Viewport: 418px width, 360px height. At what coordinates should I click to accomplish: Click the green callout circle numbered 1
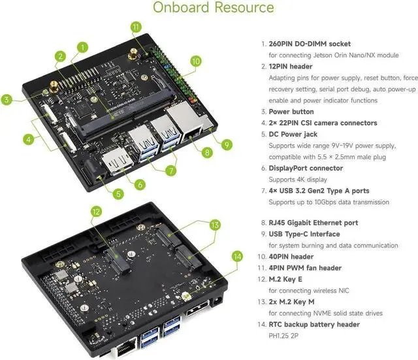click(x=83, y=47)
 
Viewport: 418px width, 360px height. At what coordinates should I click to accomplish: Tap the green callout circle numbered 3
click(x=7, y=100)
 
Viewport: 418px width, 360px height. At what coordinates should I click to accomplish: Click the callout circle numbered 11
click(x=136, y=27)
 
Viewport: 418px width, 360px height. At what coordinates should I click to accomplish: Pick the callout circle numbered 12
click(x=95, y=211)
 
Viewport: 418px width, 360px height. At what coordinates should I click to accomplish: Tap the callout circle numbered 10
click(x=195, y=61)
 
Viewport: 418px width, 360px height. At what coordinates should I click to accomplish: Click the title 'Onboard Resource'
click(x=213, y=8)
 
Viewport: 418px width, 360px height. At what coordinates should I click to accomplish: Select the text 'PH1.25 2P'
click(x=287, y=336)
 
